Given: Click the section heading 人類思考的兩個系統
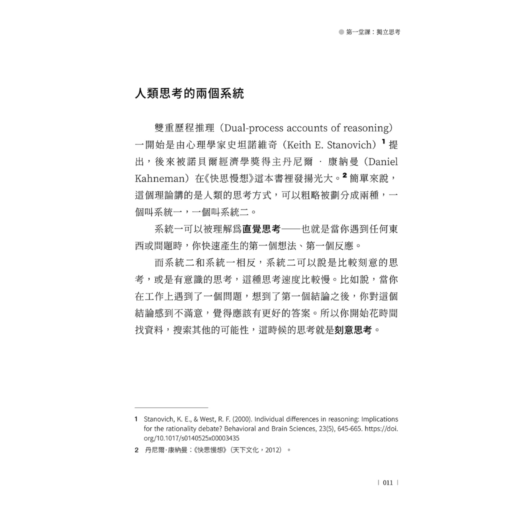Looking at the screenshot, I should tap(189, 93).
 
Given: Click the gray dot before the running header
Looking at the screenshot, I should tap(341, 32).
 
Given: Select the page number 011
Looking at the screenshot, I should tap(387, 482).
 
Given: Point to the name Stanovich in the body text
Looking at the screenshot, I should tap(345, 145).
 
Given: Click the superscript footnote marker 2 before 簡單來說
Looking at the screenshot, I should tap(344, 174).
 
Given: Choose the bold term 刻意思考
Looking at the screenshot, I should tap(353, 330).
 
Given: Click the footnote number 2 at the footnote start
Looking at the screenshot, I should tap(136, 450).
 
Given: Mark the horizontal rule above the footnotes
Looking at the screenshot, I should tap(171, 407).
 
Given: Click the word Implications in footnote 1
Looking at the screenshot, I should tap(375, 419).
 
